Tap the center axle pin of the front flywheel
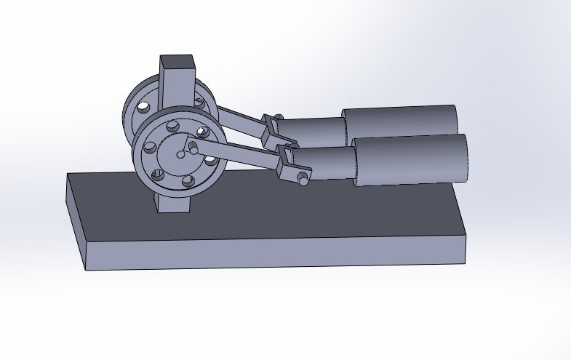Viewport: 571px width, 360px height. (180, 153)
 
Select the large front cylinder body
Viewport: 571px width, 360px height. (409, 159)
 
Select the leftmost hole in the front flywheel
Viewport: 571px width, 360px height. (151, 148)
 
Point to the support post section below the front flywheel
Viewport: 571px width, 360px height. (175, 204)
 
